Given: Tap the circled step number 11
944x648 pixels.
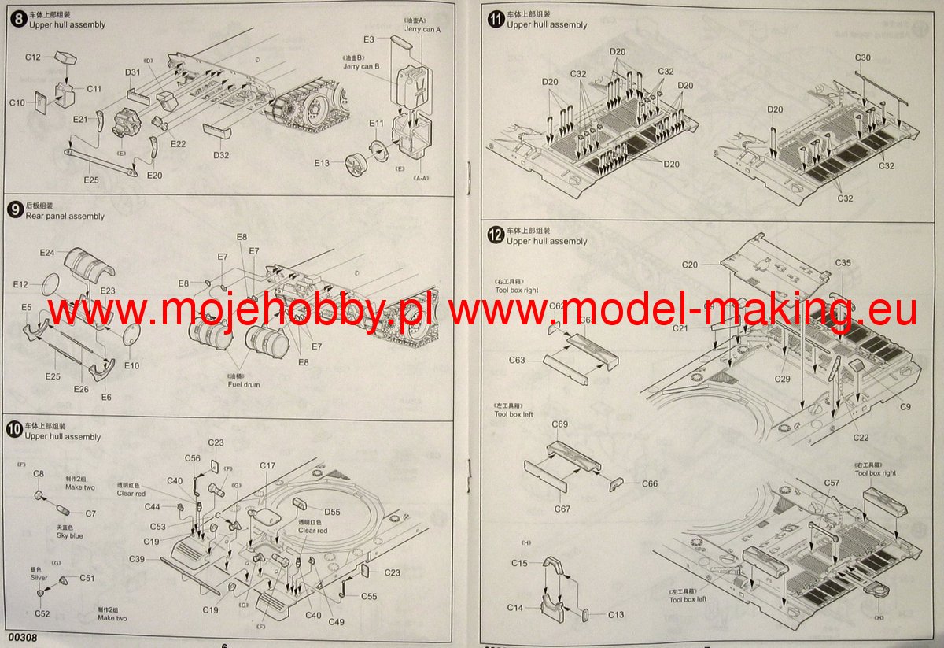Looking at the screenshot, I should click(x=496, y=19).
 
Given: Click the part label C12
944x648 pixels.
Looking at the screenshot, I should click(x=32, y=57).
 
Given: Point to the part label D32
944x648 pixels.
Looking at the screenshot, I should click(x=220, y=155).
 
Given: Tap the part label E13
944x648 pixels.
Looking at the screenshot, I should click(x=323, y=163).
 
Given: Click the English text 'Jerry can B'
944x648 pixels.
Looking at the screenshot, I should click(x=362, y=66).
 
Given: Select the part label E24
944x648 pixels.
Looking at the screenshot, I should click(x=46, y=253).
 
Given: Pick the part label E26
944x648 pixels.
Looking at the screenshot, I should click(x=82, y=389).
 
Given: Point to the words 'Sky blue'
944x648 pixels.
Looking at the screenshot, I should click(x=69, y=535).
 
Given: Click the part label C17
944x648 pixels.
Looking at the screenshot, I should click(x=267, y=466).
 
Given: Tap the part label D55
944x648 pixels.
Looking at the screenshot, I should click(x=332, y=512).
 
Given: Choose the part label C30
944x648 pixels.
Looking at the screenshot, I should click(x=863, y=58).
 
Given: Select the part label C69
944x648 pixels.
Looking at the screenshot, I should click(x=560, y=424).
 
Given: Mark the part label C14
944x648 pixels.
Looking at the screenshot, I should click(x=515, y=608).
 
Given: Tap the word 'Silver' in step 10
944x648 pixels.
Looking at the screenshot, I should click(x=39, y=577).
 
